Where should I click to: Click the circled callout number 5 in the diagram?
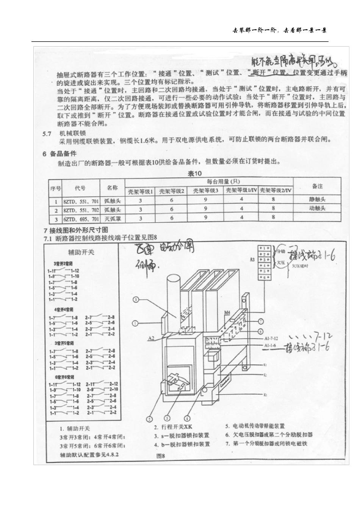coord(136,300)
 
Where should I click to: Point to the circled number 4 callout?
coord(186,419)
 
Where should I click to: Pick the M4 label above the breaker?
coord(227,313)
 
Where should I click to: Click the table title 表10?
coord(195,173)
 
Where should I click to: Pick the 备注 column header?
coord(317,186)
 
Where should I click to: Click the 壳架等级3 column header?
coord(206,190)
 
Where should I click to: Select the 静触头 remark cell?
coord(317,199)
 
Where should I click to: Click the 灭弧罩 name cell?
coord(113,219)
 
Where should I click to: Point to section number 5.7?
coord(47,133)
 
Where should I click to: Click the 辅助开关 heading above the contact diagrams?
coord(81,252)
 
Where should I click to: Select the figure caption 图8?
coord(161,456)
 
